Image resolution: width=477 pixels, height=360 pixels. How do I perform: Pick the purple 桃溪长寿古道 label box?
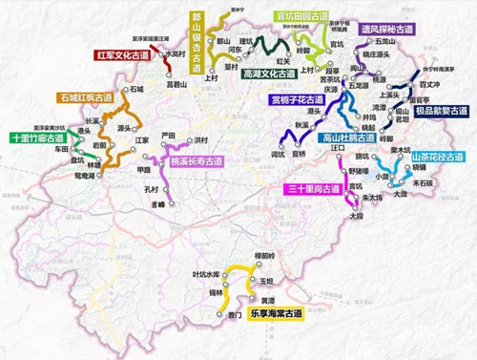point(199,161)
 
